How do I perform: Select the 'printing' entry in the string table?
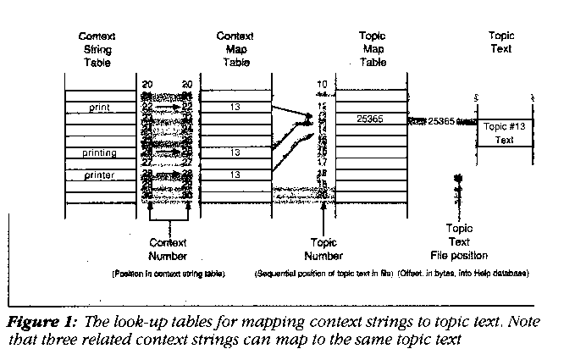pyautogui.click(x=99, y=153)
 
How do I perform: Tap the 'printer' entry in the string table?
pyautogui.click(x=99, y=175)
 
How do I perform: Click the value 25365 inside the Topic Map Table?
pyautogui.click(x=369, y=119)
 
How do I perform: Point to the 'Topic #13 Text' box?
pyautogui.click(x=504, y=133)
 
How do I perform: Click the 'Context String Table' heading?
pyautogui.click(x=97, y=50)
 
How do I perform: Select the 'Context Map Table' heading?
pyautogui.click(x=235, y=50)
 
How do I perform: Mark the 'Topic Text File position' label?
pyautogui.click(x=460, y=241)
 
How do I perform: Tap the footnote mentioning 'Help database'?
pyautogui.click(x=462, y=274)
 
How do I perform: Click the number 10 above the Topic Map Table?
pyautogui.click(x=321, y=84)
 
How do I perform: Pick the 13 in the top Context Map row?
pyautogui.click(x=235, y=108)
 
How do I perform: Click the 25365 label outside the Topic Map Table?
pyautogui.click(x=441, y=121)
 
